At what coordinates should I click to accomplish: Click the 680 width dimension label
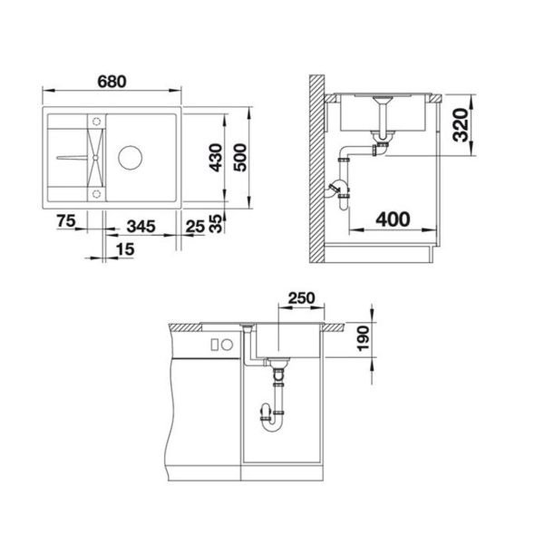click(112, 82)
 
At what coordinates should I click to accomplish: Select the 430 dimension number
click(216, 158)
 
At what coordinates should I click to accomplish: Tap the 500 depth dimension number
click(240, 158)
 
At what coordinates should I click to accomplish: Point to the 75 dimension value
click(66, 221)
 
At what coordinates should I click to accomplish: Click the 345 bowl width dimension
click(141, 227)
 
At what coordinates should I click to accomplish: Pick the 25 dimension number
click(195, 227)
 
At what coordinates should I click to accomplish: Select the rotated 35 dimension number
click(216, 223)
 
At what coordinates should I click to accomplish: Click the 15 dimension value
click(125, 249)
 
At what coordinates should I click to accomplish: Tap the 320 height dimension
click(461, 125)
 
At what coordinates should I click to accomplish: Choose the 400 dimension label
click(393, 219)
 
